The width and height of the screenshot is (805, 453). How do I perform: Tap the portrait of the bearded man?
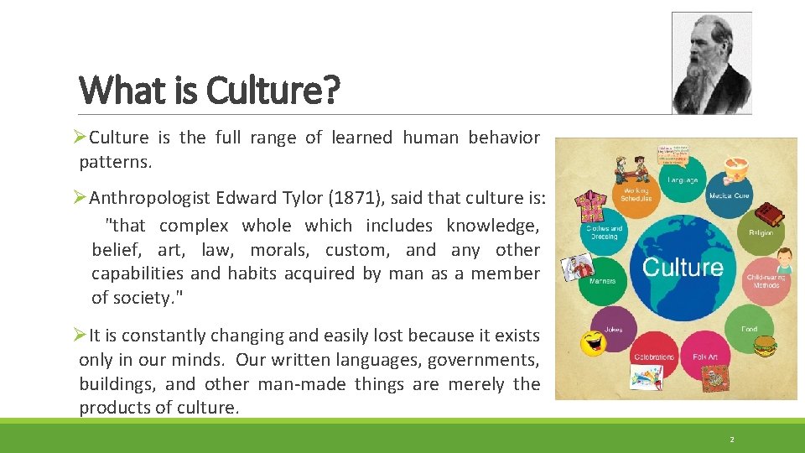tap(712, 63)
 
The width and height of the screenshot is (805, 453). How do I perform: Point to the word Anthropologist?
tap(149, 198)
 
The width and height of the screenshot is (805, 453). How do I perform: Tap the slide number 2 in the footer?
tap(731, 439)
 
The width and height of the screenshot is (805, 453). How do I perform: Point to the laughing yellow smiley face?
tap(594, 342)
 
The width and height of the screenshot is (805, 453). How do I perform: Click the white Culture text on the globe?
tap(682, 268)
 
